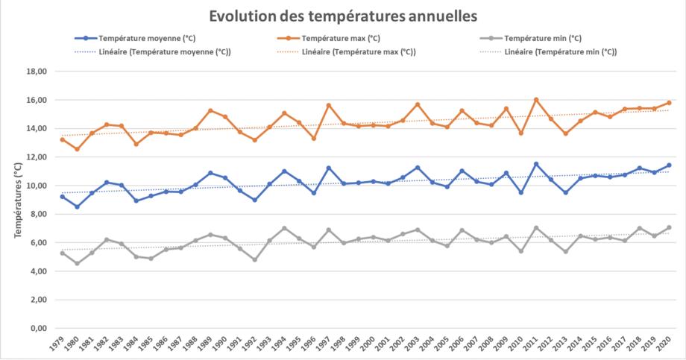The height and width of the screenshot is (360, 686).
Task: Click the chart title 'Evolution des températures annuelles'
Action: click(x=342, y=15)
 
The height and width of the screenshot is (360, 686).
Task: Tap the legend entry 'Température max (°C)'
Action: click(x=341, y=38)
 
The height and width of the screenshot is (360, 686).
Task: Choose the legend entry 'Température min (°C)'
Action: click(x=542, y=38)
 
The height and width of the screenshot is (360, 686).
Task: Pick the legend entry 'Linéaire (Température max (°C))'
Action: click(x=359, y=51)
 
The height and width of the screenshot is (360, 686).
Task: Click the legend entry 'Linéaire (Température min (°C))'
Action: click(x=560, y=51)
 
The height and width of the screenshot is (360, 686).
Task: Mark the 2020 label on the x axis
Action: click(x=666, y=344)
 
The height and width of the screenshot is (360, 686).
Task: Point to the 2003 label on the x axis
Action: click(x=415, y=344)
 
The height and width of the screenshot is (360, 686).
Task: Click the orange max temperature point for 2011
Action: click(x=536, y=100)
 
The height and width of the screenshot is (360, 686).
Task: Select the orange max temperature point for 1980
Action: click(x=77, y=149)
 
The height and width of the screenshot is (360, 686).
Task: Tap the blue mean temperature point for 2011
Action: click(x=536, y=164)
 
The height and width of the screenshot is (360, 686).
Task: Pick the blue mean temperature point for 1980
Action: click(x=77, y=206)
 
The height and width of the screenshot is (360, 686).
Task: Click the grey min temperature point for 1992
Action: click(x=255, y=259)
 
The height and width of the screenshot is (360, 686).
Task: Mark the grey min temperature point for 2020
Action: click(x=669, y=227)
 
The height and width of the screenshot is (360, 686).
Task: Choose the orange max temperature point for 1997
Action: click(x=329, y=105)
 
